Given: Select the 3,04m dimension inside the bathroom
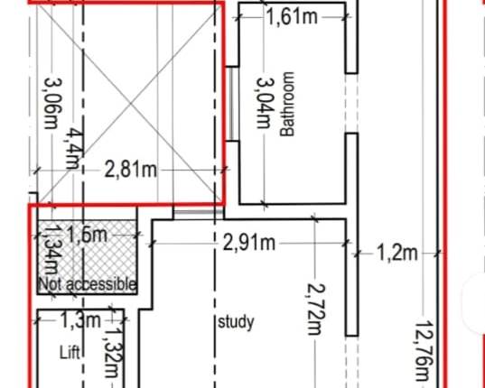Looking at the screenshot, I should click(x=264, y=103).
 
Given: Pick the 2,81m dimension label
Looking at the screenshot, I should click(x=130, y=169).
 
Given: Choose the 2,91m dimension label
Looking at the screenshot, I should click(x=249, y=242).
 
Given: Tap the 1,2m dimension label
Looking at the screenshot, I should click(x=396, y=253).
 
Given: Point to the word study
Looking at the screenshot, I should click(x=238, y=321).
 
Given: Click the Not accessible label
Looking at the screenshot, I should click(x=88, y=284).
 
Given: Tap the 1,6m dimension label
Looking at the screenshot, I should click(x=87, y=236).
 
